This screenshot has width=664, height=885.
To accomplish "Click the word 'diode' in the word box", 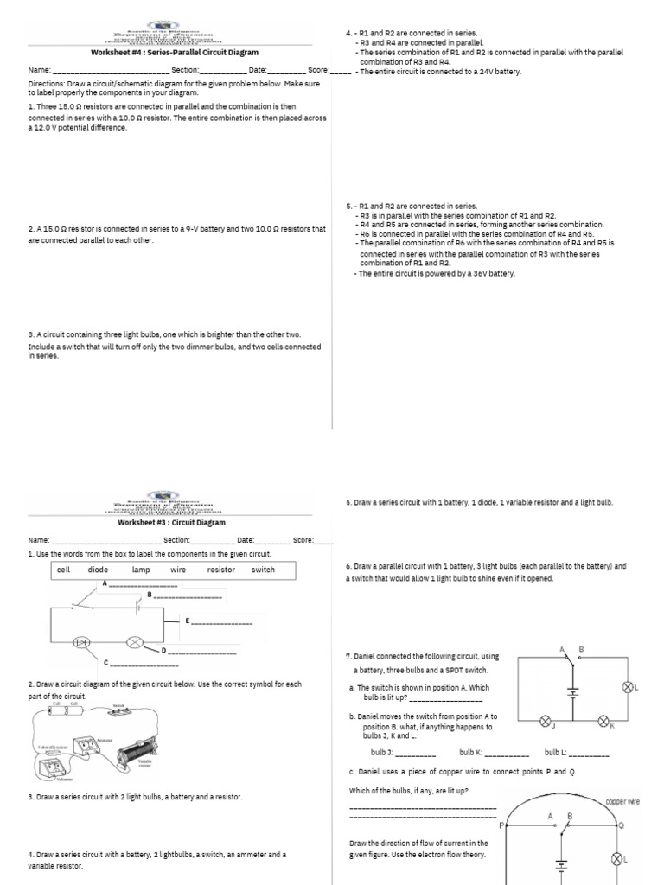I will pyautogui.click(x=98, y=570).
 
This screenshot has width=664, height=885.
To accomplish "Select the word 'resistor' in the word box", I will pyautogui.click(x=221, y=570).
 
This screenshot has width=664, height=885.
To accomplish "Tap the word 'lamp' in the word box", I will pyautogui.click(x=141, y=570).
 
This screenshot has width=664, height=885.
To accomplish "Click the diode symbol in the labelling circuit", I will pyautogui.click(x=83, y=643).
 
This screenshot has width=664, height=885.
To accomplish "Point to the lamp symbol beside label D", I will pyautogui.click(x=135, y=643).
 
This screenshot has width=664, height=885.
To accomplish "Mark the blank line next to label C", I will pyautogui.click(x=144, y=665).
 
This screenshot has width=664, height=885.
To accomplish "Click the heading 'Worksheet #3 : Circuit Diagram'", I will pyautogui.click(x=171, y=523).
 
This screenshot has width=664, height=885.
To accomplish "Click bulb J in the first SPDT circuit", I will pyautogui.click(x=546, y=720).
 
